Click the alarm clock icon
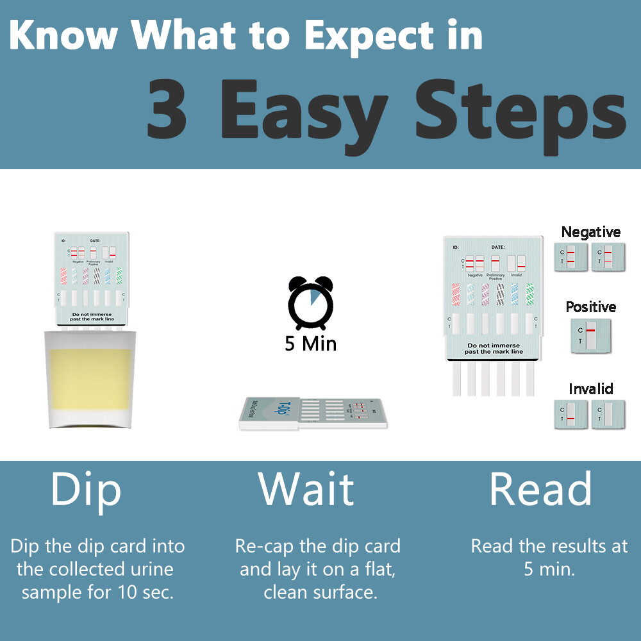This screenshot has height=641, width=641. pyautogui.click(x=310, y=303)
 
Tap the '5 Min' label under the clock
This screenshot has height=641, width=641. pyautogui.click(x=310, y=344)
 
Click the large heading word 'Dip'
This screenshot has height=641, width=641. pyautogui.click(x=86, y=489)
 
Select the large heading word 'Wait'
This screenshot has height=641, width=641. pyautogui.click(x=306, y=489)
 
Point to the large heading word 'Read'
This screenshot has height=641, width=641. pyautogui.click(x=540, y=489)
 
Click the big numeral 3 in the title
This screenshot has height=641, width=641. pyautogui.click(x=168, y=108)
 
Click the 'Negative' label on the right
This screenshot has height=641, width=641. pyautogui.click(x=590, y=232)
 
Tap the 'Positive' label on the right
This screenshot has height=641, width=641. pyautogui.click(x=590, y=307)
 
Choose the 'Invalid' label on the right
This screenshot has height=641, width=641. pyautogui.click(x=590, y=388)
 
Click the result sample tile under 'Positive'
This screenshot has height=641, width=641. pyautogui.click(x=590, y=335)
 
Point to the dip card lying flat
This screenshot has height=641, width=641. pyautogui.click(x=313, y=413)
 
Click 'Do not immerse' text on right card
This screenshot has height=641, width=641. pyautogui.click(x=493, y=345)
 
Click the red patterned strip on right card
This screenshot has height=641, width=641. pyautogui.click(x=456, y=294)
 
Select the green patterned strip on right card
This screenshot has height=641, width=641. pyautogui.click(x=529, y=294)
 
